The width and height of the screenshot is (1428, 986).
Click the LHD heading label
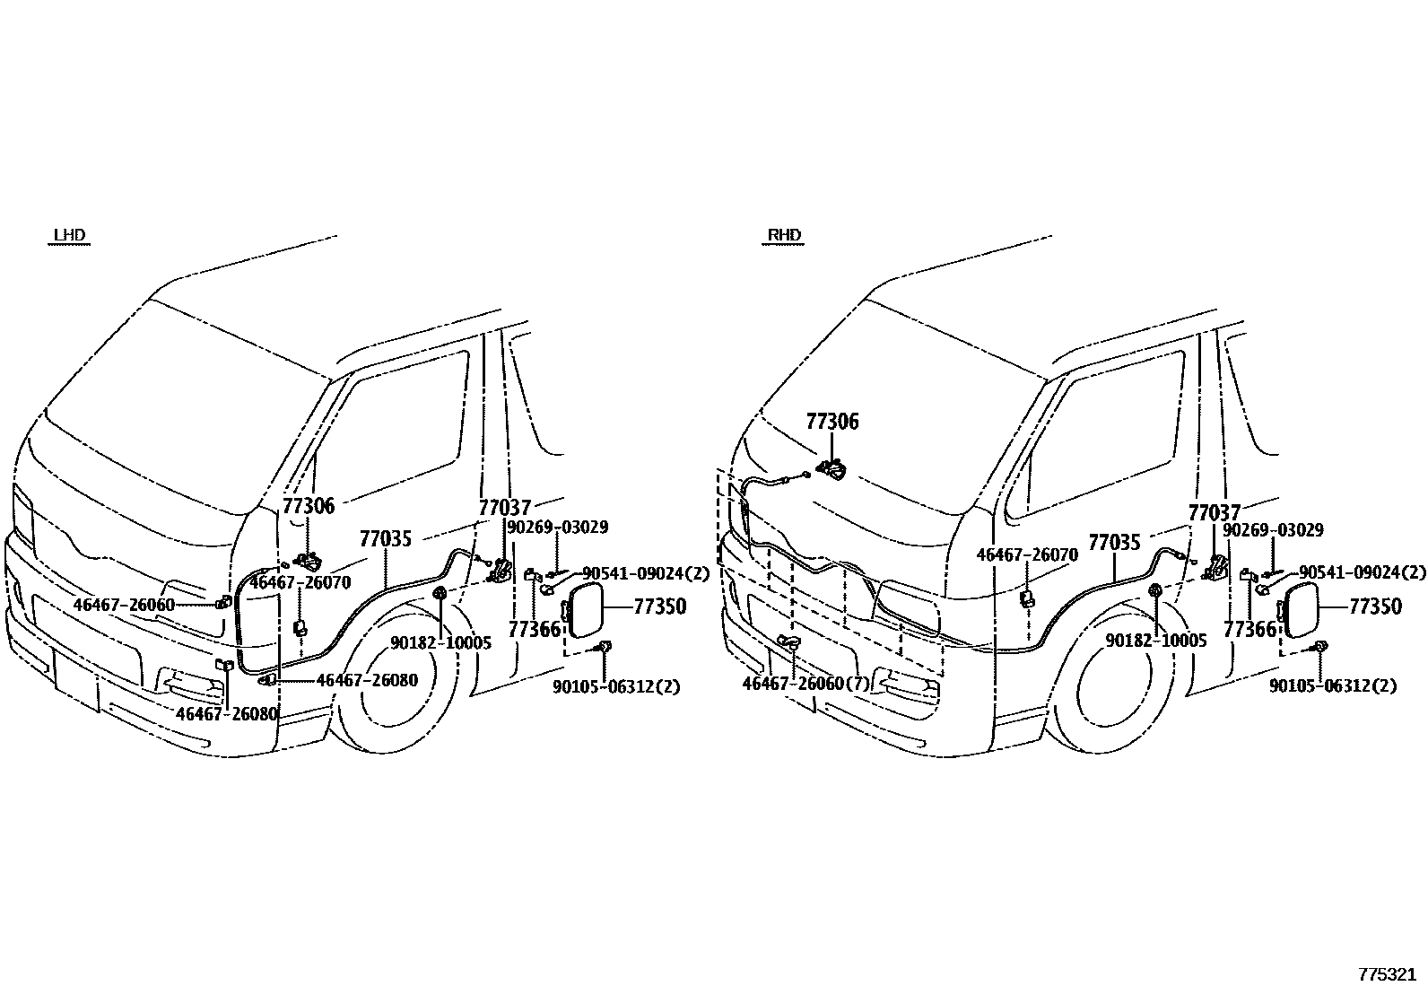69,235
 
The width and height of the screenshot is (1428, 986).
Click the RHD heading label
784,235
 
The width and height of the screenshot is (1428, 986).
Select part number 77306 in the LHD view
309,506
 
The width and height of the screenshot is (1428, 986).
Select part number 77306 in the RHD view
832,422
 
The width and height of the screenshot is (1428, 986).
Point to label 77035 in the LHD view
386,539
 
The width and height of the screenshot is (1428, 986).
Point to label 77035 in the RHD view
1114,543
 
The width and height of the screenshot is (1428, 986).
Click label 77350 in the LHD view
660,606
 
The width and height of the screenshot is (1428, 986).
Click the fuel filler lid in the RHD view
1300,610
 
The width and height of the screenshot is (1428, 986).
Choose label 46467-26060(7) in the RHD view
805,684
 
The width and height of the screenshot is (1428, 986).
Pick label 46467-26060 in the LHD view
124,605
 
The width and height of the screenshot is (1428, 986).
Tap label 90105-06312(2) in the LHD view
616,687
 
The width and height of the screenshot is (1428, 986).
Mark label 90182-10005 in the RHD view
1156,641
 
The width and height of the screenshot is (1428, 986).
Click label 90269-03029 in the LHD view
557,528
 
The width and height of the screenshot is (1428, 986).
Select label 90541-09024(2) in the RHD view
1363,572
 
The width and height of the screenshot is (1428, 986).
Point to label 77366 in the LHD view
535,630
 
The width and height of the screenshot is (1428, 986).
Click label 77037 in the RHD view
1215,513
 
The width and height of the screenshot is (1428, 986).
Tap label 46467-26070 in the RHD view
1027,554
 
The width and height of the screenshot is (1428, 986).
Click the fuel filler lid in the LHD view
585,610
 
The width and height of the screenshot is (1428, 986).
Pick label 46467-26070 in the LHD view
300,582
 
